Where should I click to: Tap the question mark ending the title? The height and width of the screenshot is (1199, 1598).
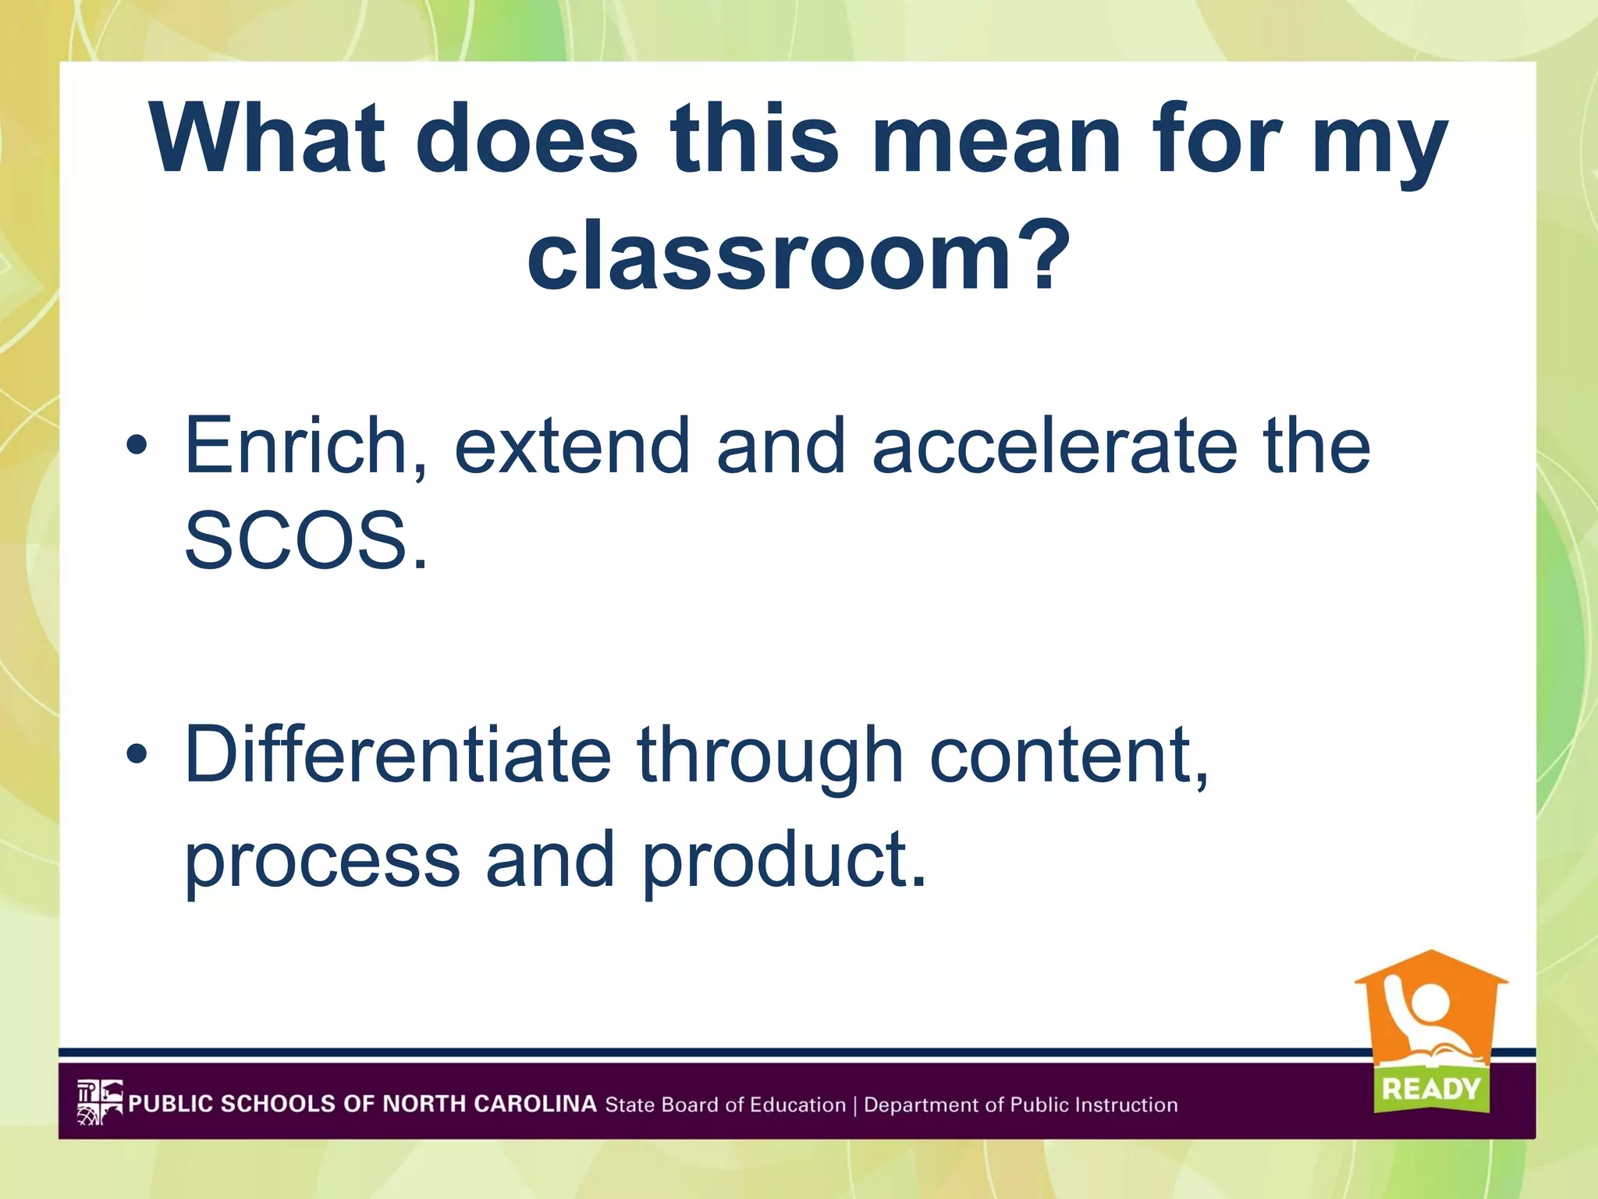click(1044, 254)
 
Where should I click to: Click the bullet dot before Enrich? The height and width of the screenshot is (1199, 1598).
click(137, 446)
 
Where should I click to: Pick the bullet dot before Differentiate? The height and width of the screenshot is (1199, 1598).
click(137, 754)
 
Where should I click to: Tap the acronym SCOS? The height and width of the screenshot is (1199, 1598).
click(305, 541)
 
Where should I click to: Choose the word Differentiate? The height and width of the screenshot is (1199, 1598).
click(398, 754)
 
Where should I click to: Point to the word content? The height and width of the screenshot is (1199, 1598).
click(1069, 754)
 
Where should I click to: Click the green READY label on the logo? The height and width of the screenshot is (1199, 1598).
click(1431, 1088)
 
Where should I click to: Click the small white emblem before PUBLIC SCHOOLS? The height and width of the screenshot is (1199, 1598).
click(100, 1102)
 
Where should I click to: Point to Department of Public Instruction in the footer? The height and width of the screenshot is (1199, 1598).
click(1021, 1105)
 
